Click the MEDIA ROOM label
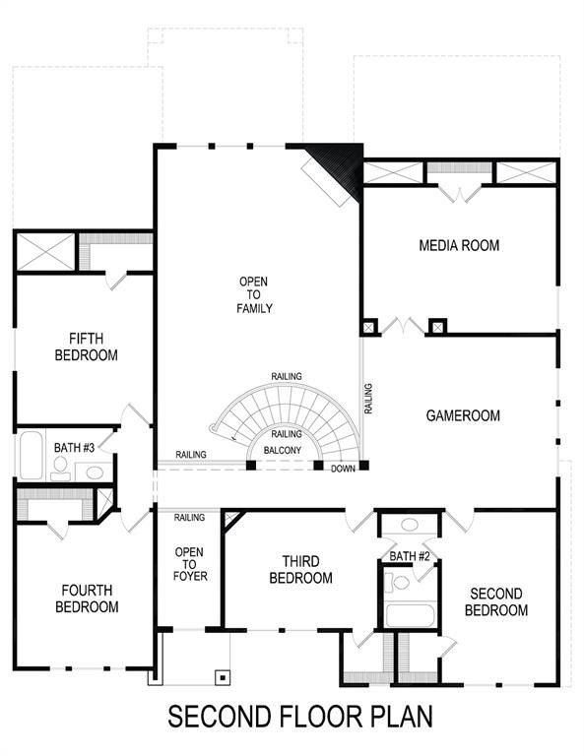(x=459, y=245)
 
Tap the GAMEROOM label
(x=463, y=415)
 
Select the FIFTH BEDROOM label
(x=87, y=346)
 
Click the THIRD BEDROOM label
(x=300, y=570)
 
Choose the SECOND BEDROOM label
(x=497, y=601)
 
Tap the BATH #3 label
(x=74, y=448)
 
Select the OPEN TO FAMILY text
(x=253, y=295)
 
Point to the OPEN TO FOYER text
(x=190, y=564)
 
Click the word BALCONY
(x=283, y=451)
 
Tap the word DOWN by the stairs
(x=343, y=469)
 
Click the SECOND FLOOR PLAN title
(x=299, y=716)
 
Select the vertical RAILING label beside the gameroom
(x=368, y=398)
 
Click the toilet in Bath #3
(x=61, y=465)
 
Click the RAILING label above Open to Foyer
(x=189, y=517)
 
